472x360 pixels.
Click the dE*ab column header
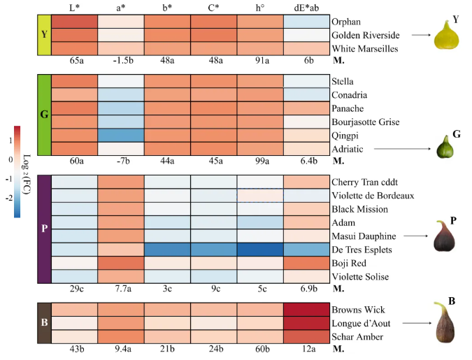[306, 8]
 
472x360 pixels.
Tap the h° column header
[260, 8]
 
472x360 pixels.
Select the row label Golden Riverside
[366, 35]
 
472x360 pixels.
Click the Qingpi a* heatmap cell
[121, 135]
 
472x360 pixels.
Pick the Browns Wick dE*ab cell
[306, 310]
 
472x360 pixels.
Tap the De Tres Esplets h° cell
[260, 250]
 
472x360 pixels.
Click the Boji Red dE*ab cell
[306, 263]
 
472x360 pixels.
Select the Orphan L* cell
[75, 22]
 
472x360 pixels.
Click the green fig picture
[445, 147]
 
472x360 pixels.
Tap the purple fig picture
[444, 236]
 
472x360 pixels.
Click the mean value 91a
[262, 61]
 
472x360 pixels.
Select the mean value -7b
[123, 161]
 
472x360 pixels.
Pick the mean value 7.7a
[123, 289]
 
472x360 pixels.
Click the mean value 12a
[308, 349]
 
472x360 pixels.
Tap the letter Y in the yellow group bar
[44, 35]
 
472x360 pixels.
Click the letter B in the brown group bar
[44, 322]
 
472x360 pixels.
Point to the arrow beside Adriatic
[403, 149]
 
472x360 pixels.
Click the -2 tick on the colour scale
[9, 198]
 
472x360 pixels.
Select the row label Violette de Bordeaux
[373, 196]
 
